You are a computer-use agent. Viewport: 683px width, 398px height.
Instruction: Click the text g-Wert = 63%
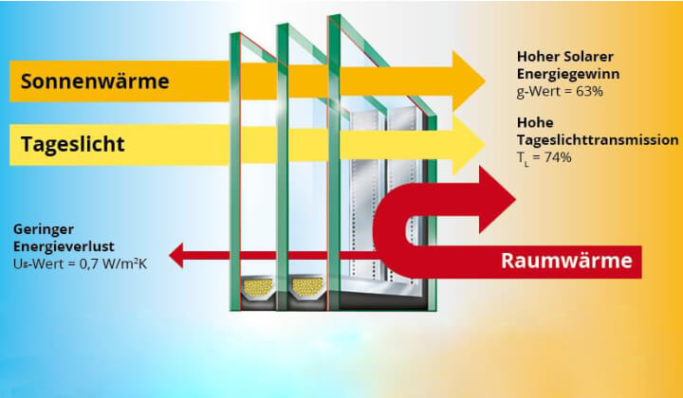561,90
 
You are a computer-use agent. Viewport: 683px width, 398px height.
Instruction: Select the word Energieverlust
59,245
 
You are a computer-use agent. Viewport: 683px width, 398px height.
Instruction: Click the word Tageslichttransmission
598,139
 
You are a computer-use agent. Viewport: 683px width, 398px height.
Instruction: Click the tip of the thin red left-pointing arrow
172,254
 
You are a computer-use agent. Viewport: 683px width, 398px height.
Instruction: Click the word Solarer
589,56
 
